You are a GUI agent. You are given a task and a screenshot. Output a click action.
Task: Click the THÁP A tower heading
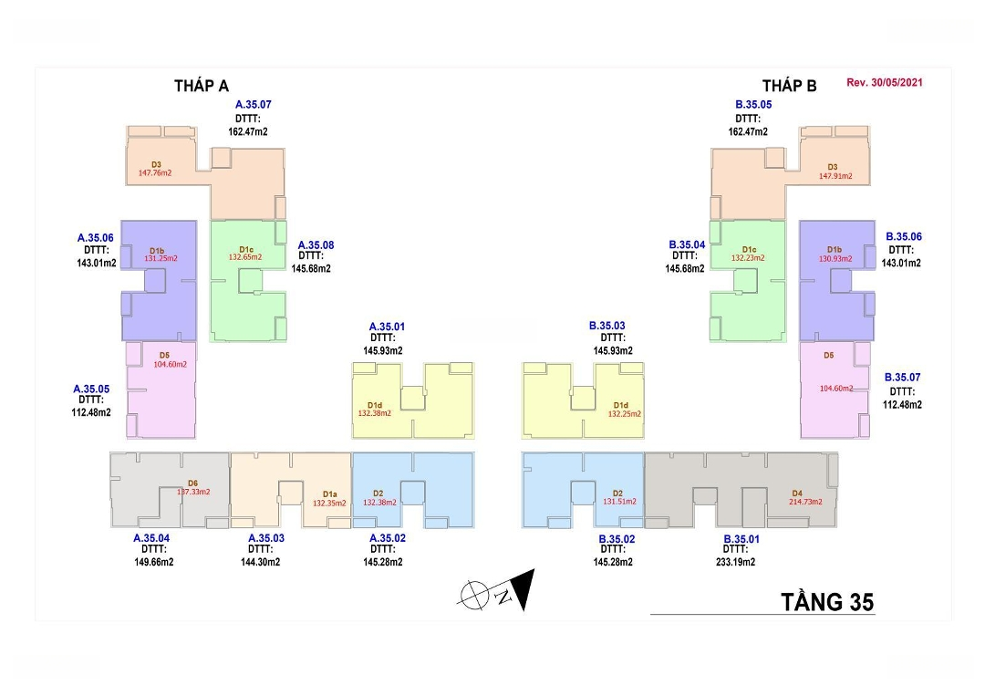pos(201,86)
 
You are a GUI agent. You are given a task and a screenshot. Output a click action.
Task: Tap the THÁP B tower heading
pos(789,86)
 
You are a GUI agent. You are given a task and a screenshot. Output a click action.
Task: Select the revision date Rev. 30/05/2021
pos(885,82)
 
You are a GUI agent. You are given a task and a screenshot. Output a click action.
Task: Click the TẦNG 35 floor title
pos(827,602)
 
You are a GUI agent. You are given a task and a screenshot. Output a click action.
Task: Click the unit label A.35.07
pos(253,105)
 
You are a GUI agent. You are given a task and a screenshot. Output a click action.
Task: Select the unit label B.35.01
pos(741,539)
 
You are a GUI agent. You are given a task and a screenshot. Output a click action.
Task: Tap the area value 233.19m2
pos(741,562)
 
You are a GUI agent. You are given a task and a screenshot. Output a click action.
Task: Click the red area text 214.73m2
pos(806,502)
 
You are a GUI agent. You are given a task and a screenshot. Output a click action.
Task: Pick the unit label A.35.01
pos(387,327)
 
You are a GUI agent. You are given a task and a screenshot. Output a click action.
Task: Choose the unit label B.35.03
pos(607,326)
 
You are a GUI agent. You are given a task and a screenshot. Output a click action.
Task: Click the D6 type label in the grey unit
pos(192,483)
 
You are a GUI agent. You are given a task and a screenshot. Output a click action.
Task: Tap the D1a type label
pos(330,493)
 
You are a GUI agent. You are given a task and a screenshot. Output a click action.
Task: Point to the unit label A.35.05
pos(91,389)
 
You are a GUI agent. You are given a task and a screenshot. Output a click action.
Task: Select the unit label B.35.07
pos(903,377)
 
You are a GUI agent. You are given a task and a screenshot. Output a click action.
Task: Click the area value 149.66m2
pos(153,562)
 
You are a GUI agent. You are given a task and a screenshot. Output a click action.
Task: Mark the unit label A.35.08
pos(316,245)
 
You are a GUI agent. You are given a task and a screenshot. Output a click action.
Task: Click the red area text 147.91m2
pos(833,176)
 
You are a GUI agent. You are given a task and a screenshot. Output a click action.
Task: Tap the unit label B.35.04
pos(687,245)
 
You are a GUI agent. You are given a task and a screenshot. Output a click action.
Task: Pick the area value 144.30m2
pos(260,562)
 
